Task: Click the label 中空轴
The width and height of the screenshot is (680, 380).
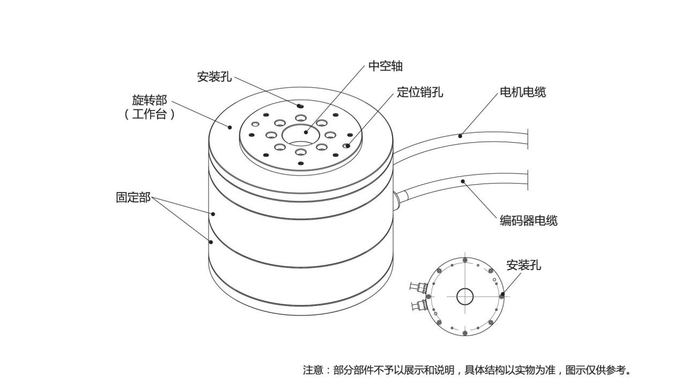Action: (385, 66)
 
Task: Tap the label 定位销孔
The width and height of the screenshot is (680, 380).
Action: (420, 92)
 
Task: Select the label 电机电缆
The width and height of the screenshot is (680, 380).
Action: (522, 92)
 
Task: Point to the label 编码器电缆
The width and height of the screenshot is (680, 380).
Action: (528, 220)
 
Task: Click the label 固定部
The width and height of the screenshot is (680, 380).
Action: (133, 197)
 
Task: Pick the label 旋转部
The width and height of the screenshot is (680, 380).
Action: (150, 100)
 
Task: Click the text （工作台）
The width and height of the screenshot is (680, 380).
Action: (150, 114)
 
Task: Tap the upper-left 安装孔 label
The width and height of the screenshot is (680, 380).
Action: (214, 77)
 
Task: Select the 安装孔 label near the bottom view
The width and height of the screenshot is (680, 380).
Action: (523, 265)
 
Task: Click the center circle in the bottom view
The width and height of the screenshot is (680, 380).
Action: (465, 296)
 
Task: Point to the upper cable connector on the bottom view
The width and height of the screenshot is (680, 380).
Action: (418, 288)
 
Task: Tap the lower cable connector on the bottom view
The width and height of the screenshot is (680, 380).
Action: (418, 306)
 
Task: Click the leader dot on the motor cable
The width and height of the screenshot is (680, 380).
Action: (460, 136)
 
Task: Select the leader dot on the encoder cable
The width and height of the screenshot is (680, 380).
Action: (463, 181)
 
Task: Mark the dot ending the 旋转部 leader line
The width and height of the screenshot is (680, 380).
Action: (230, 127)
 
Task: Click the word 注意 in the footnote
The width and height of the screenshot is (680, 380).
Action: (313, 370)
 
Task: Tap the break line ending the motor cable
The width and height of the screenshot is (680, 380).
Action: (528, 138)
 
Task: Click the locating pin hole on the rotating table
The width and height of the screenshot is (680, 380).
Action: (347, 145)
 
